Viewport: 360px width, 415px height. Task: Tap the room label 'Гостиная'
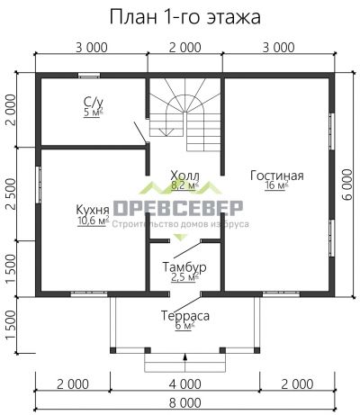276,176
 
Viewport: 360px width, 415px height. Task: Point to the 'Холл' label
184,176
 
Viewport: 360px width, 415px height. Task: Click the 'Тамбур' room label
184,267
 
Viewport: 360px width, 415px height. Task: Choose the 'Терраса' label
185,316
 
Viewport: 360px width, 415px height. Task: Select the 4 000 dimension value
184,383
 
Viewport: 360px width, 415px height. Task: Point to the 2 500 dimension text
10,194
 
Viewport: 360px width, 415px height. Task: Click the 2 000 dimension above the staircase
184,47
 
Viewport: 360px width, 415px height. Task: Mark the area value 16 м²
275,186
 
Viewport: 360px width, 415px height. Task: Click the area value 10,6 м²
93,220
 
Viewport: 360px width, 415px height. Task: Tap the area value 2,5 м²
184,278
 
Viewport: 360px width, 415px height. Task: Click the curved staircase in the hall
184,113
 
